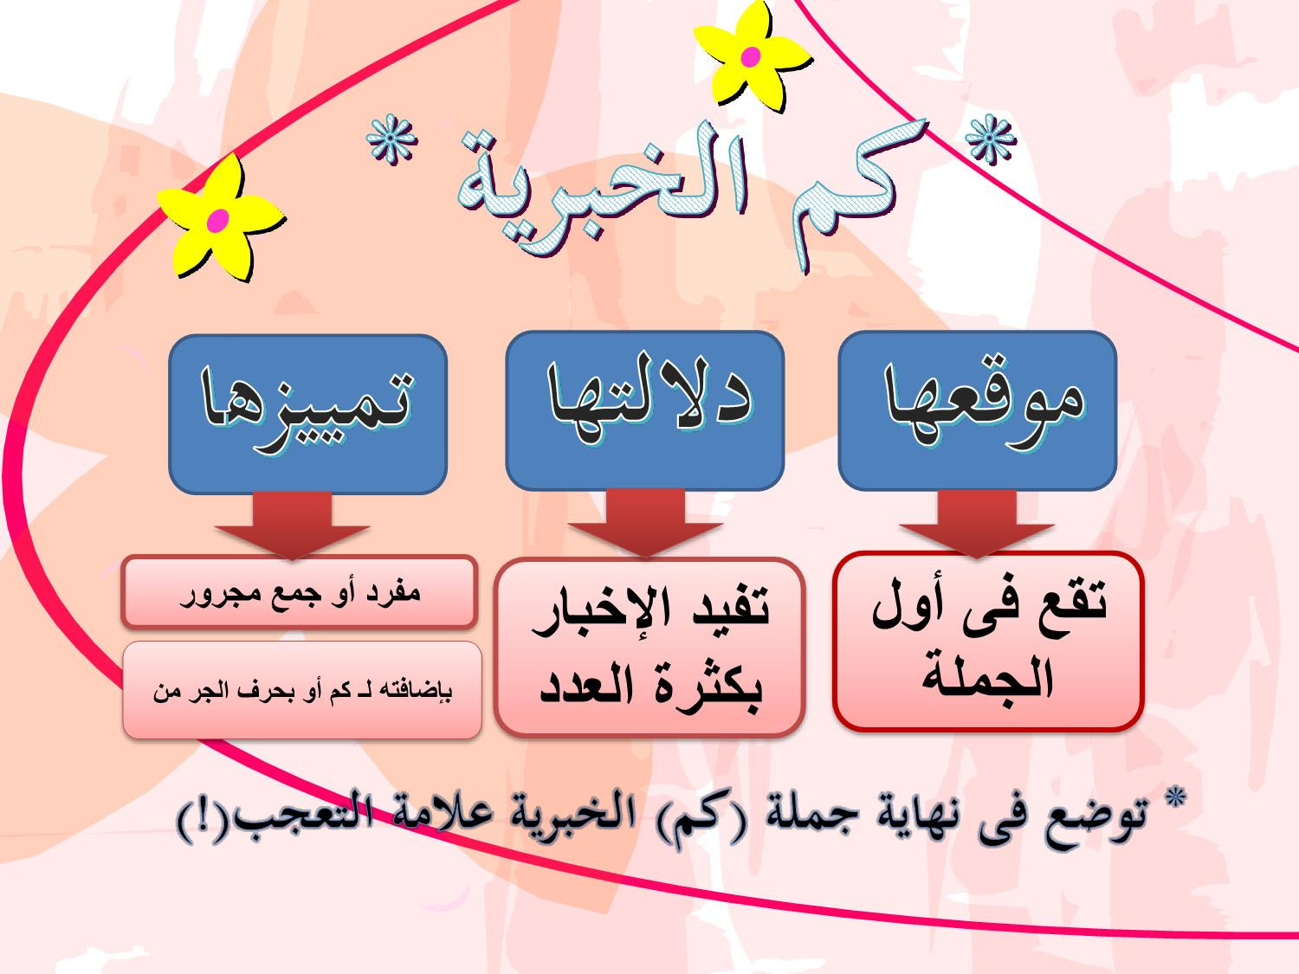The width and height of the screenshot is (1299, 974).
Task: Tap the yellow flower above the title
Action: coord(752,56)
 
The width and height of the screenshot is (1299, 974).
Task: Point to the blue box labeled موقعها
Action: coord(977,410)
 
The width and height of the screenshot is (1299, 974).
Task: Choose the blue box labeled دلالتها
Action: coord(644,410)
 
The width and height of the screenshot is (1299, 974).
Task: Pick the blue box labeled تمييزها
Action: coord(307,414)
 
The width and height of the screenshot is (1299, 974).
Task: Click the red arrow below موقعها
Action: coord(977,524)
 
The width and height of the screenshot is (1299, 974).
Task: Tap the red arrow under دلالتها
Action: coord(645,524)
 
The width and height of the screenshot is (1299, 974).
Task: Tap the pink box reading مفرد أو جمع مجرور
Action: coord(300,591)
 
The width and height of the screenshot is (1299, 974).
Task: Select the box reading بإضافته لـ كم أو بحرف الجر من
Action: coord(302,690)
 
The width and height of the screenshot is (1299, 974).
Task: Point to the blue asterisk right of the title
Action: coord(990,139)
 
